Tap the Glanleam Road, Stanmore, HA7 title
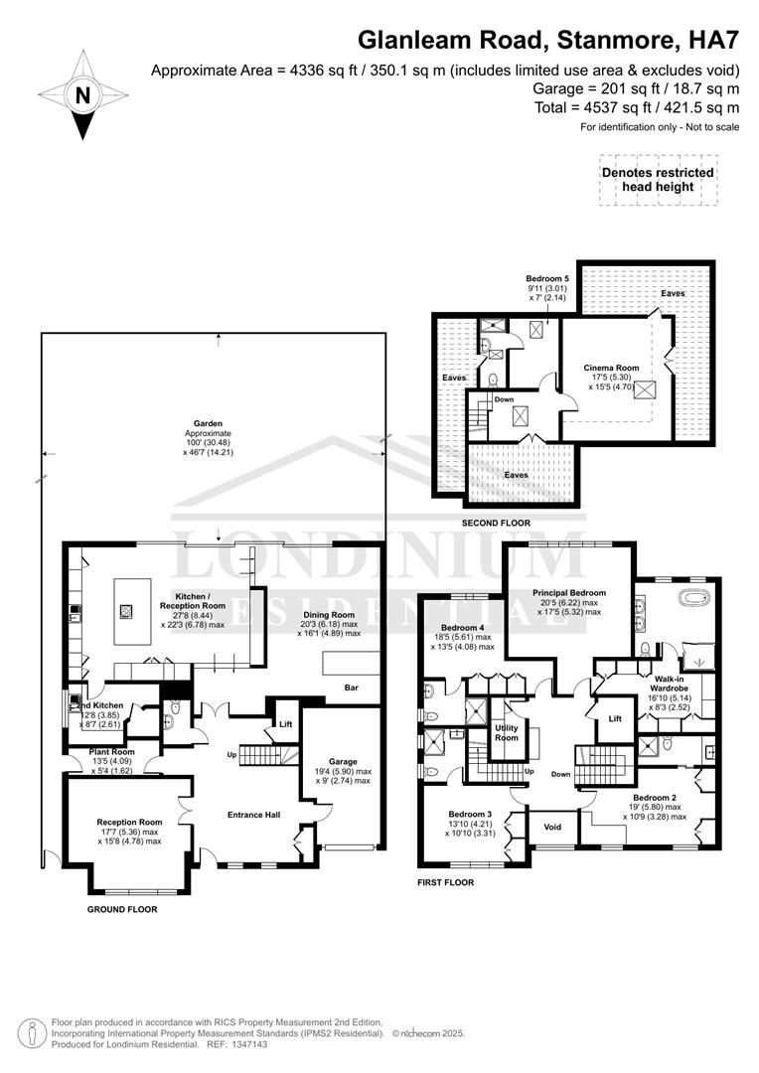click(x=549, y=40)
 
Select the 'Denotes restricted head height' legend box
click(x=658, y=180)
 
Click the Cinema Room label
click(x=611, y=368)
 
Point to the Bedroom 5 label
click(x=547, y=278)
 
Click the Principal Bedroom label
click(x=568, y=593)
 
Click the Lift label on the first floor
click(x=614, y=718)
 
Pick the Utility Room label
click(x=507, y=734)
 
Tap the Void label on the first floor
click(x=552, y=827)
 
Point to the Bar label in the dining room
click(x=351, y=687)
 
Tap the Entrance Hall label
click(x=253, y=815)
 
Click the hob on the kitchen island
click(x=125, y=612)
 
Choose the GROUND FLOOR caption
click(x=122, y=908)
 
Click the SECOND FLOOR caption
click(x=496, y=523)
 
